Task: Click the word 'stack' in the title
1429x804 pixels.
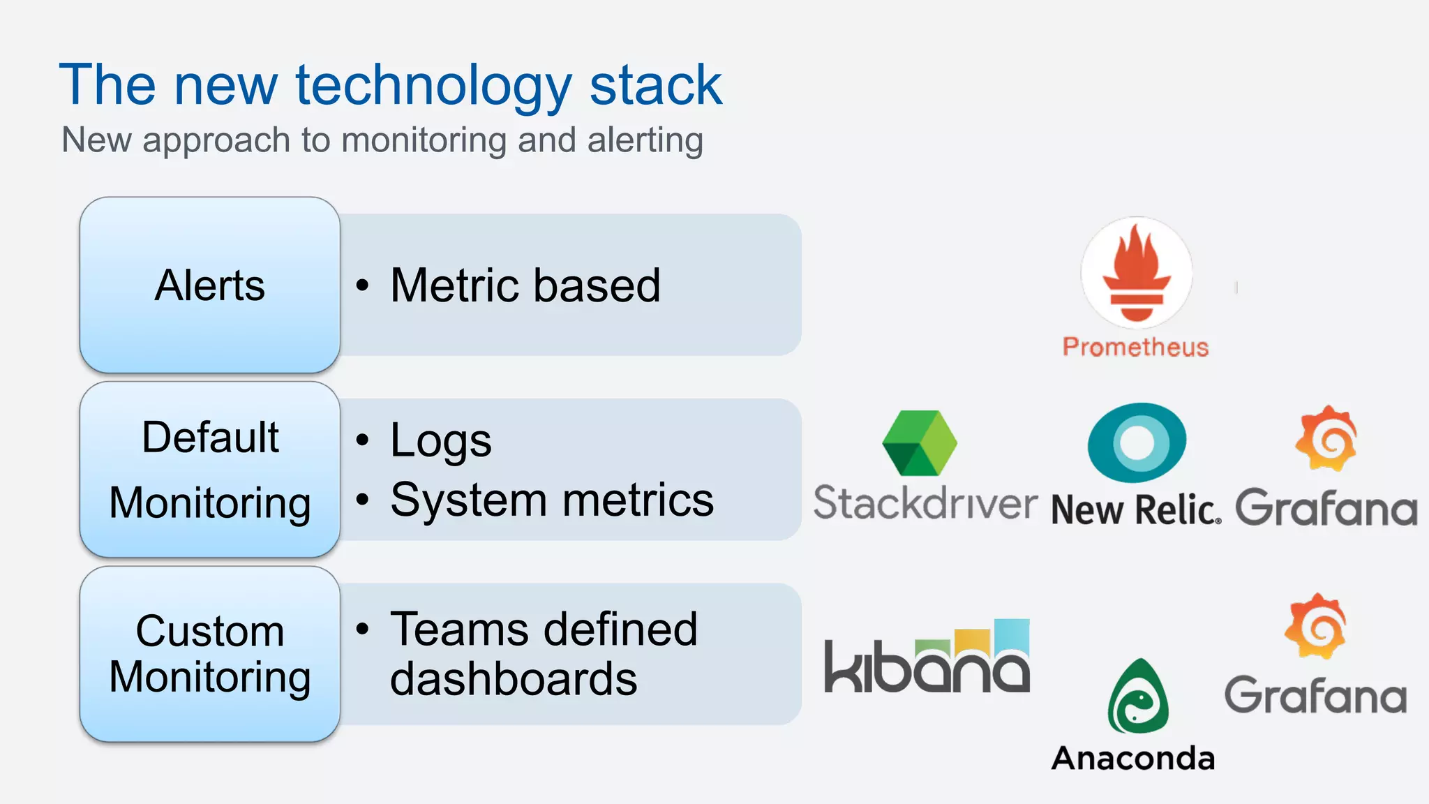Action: click(655, 85)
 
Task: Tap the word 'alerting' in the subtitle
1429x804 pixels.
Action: click(645, 140)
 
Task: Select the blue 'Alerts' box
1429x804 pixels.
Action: click(209, 285)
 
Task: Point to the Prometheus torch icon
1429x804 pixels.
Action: click(1136, 272)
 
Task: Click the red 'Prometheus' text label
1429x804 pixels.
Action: click(1135, 347)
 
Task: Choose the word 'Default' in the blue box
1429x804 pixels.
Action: click(210, 438)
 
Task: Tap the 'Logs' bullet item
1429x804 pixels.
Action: click(440, 440)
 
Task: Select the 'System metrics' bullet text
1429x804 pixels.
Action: click(551, 500)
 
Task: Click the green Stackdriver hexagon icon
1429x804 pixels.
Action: click(920, 442)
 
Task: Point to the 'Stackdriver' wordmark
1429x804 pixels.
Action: click(925, 502)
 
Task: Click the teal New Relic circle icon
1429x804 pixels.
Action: click(1137, 442)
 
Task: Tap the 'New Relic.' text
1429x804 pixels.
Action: click(1135, 509)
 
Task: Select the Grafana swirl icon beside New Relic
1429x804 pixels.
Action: click(1326, 438)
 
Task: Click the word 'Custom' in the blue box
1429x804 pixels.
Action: click(210, 631)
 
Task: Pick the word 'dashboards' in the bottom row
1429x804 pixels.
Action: click(513, 679)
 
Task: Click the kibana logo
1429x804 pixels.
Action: click(927, 657)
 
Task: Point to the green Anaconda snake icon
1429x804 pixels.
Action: click(1137, 697)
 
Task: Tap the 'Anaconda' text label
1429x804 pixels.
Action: click(1133, 759)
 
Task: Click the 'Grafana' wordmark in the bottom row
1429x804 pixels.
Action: click(1316, 695)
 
